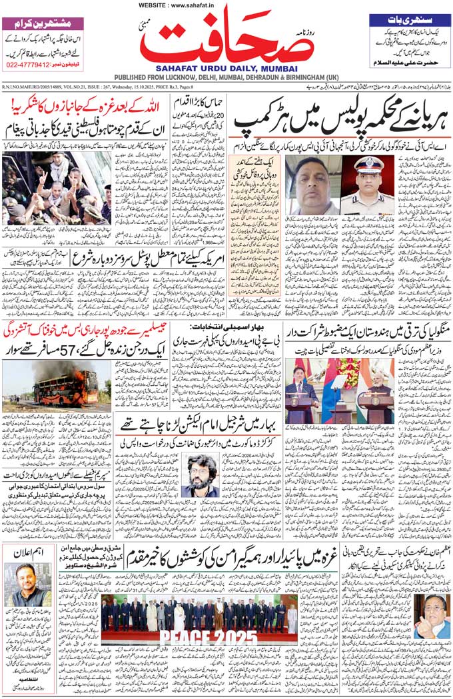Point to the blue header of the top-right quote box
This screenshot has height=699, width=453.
point(408,19)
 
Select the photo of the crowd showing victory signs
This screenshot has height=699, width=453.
point(56,188)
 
